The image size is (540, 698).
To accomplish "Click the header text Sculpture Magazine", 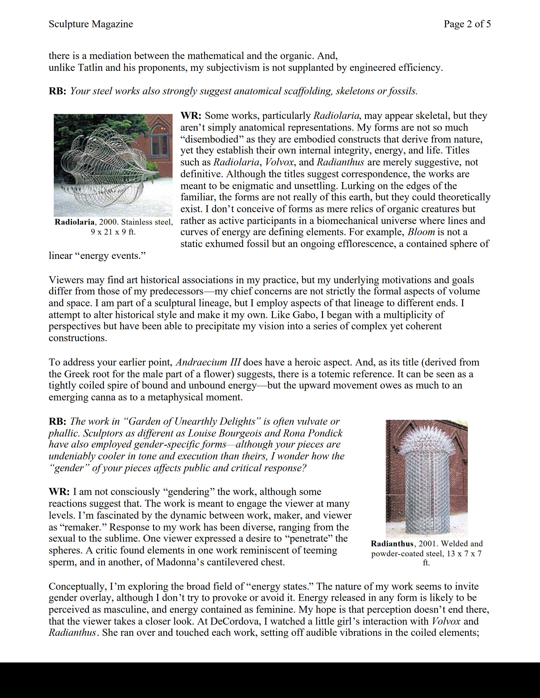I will click(91, 24).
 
